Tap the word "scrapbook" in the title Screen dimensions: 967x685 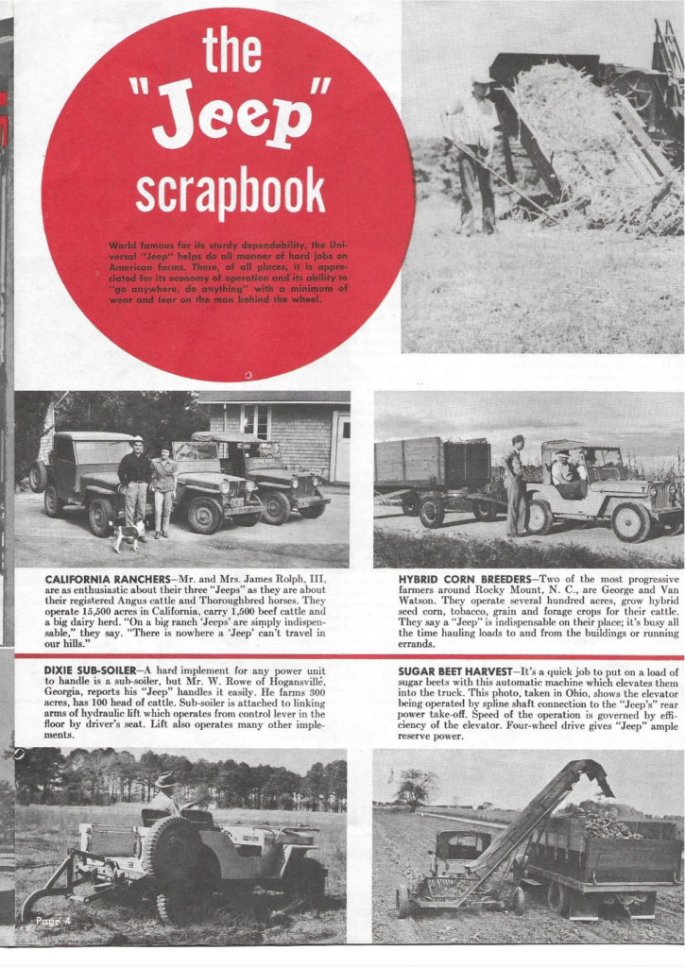(230, 192)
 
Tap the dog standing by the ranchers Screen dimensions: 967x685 (127, 536)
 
